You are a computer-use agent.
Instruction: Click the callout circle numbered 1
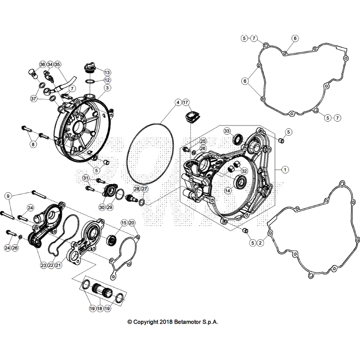(x=285, y=170)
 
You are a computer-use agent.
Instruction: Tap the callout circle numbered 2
(x=260, y=243)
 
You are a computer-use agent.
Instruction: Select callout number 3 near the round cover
(x=107, y=88)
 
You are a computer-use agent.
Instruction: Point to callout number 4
(x=178, y=102)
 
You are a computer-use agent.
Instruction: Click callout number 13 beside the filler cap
(x=107, y=72)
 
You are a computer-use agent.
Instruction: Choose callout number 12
(x=107, y=80)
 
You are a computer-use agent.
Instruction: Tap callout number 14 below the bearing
(x=228, y=190)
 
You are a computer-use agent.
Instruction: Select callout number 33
(x=227, y=131)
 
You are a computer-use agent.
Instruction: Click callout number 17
(x=186, y=102)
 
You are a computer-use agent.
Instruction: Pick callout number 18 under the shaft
(x=100, y=308)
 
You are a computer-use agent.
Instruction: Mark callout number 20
(x=132, y=223)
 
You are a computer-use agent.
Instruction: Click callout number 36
(x=43, y=64)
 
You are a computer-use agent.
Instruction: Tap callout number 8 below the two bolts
(x=33, y=144)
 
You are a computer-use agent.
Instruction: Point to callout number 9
(x=8, y=196)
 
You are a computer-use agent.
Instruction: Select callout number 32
(x=244, y=171)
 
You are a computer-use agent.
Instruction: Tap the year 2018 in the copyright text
(x=166, y=322)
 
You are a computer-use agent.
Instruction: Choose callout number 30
(x=102, y=207)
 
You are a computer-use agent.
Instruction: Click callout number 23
(x=44, y=265)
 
